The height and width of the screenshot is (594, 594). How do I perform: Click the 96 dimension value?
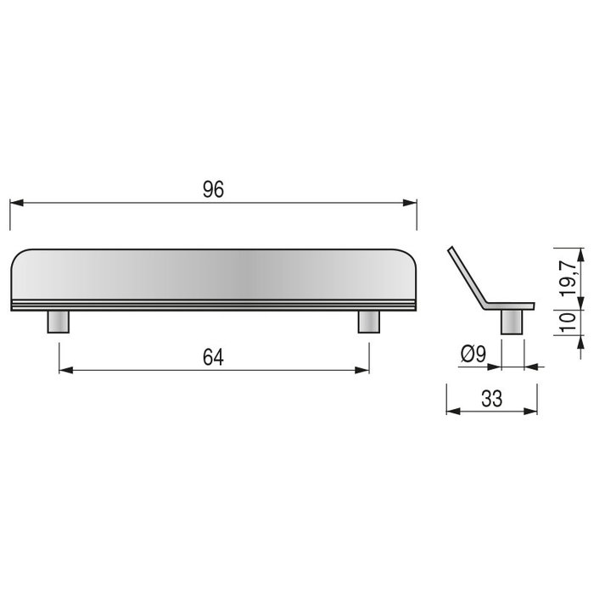(x=213, y=190)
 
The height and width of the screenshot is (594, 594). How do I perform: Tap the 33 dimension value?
(x=491, y=398)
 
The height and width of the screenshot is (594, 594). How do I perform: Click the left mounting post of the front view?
(x=59, y=322)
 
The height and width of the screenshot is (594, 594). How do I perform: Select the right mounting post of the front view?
(x=368, y=322)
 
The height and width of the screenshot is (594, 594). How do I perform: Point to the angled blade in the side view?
(x=466, y=276)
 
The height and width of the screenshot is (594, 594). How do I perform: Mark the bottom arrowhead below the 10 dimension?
(x=581, y=340)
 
